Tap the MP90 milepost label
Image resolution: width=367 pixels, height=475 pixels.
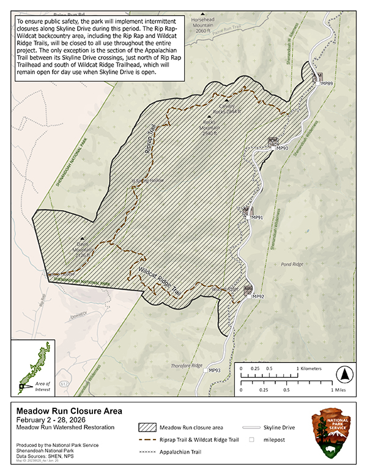(281, 148)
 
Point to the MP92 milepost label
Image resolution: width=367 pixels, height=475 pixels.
(257, 297)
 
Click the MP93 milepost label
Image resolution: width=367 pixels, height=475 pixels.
(214, 370)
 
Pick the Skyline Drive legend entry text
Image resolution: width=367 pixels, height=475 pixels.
(285, 427)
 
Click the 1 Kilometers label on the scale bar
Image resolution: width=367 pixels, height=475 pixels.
(316, 369)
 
